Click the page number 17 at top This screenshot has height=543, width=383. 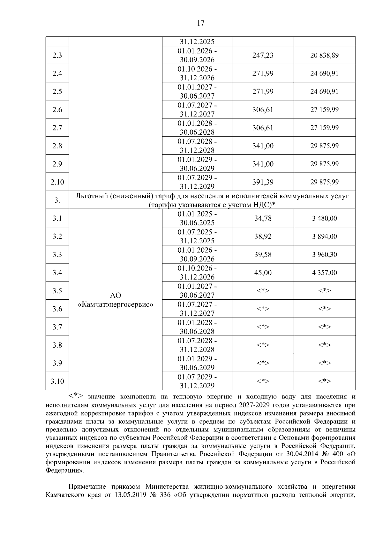pyautogui.click(x=200, y=23)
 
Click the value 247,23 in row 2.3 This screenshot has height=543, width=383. pyautogui.click(x=263, y=55)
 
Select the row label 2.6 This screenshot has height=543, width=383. pyautogui.click(x=57, y=110)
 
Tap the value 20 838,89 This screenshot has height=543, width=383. pyautogui.click(x=324, y=55)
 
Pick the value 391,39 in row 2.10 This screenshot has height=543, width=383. pyautogui.click(x=263, y=182)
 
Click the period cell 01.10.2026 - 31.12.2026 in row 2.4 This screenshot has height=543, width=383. pyautogui.click(x=197, y=74)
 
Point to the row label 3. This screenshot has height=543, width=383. pyautogui.click(x=57, y=201)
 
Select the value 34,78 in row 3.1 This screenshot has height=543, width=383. pyautogui.click(x=263, y=218)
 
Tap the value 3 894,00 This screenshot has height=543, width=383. pyautogui.click(x=324, y=237)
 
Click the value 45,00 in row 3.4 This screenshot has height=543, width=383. pyautogui.click(x=263, y=273)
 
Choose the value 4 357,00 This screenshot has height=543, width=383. pyautogui.click(x=324, y=273)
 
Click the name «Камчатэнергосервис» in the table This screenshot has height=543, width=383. pyautogui.click(x=116, y=305)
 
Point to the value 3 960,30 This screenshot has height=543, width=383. pyautogui.click(x=324, y=255)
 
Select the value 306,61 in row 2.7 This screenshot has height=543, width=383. pyautogui.click(x=263, y=128)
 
